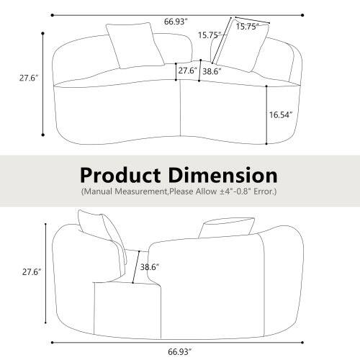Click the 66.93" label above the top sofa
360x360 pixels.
point(175,22)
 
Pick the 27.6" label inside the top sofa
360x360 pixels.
point(186,71)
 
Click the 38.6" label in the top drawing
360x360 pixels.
point(211,72)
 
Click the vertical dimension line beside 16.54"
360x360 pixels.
point(267,113)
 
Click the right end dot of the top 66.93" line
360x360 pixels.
point(302,14)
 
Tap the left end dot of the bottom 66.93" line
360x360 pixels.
point(52,341)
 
